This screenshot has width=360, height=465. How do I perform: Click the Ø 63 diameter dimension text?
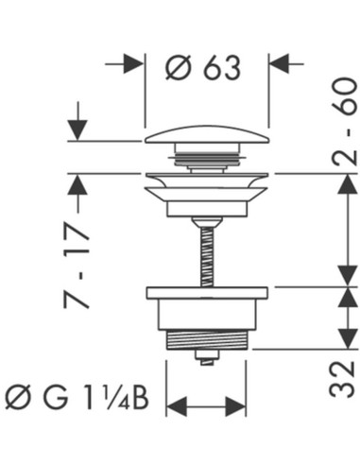coord(203,68)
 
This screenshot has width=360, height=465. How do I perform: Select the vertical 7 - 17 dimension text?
coord(77,267)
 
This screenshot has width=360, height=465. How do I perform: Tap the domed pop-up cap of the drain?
coord(207,134)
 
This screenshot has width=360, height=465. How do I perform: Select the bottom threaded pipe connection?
coord(207,339)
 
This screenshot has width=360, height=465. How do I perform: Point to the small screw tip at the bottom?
coord(207,358)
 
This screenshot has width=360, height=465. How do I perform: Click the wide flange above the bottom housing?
coord(207,293)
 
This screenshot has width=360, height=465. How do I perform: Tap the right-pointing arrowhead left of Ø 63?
coord(133,64)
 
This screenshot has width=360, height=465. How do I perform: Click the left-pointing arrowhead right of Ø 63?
coord(280,64)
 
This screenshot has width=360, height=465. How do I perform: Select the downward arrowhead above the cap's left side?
coord(77,130)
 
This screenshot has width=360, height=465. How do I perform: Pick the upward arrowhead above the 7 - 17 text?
coord(77,184)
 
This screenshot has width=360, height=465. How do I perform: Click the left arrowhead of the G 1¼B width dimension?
coord(177,406)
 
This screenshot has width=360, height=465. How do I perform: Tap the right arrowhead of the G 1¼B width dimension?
coord(236,406)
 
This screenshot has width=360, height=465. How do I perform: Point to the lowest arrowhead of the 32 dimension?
coord(348,338)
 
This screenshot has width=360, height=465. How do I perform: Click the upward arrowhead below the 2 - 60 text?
coord(348,184)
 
